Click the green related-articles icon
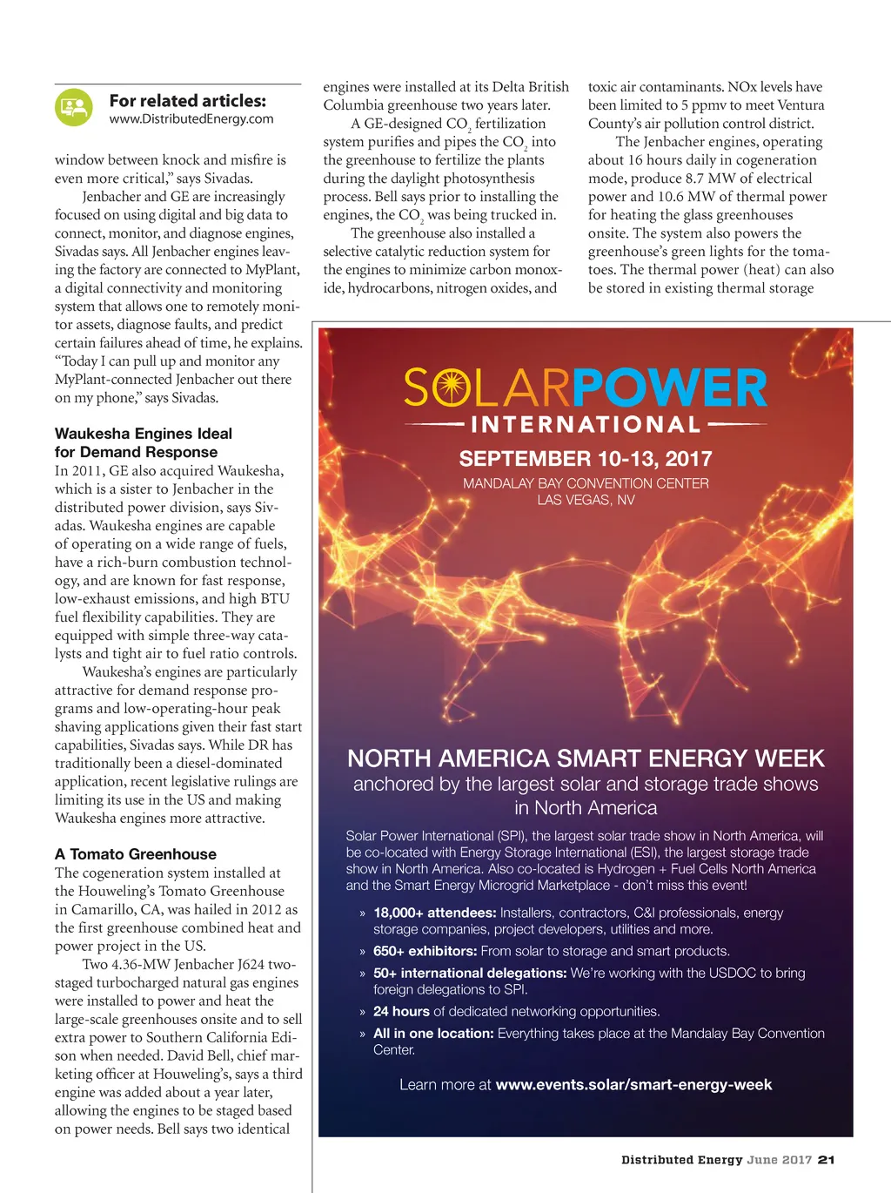tap(74, 109)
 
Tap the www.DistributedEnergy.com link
tap(191, 119)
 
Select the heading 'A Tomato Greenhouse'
tap(136, 854)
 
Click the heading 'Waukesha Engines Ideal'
tap(144, 434)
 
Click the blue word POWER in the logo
tap(669, 388)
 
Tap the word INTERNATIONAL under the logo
tap(586, 425)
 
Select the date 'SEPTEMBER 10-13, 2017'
tap(586, 459)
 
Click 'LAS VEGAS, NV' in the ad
tap(586, 500)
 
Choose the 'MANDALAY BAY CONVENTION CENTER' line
tap(586, 483)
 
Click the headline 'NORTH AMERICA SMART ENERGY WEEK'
tap(586, 758)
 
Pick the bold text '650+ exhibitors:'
tap(425, 951)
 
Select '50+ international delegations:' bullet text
tap(470, 973)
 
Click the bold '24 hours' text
tap(402, 1011)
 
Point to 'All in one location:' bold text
tap(433, 1033)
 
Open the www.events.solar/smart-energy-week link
tap(633, 1085)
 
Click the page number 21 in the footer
tap(827, 1160)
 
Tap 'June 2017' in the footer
tap(779, 1160)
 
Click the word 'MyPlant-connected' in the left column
tap(113, 380)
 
